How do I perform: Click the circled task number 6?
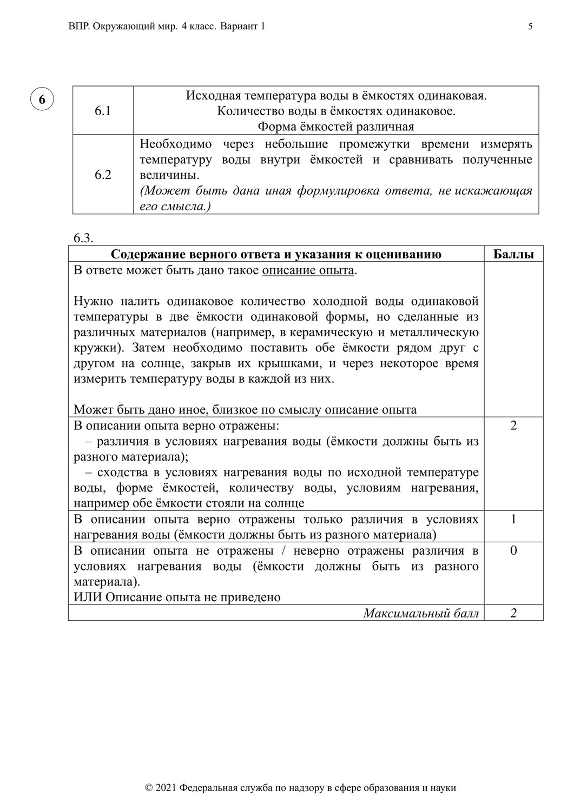click(42, 99)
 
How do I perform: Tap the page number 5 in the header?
click(530, 26)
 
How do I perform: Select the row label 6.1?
click(103, 111)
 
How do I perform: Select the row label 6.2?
click(103, 175)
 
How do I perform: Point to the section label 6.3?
click(83, 238)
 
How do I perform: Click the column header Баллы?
click(513, 255)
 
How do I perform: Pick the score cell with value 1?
click(513, 520)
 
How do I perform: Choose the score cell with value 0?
click(513, 551)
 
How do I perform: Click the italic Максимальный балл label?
click(421, 613)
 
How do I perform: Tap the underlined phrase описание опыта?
click(308, 270)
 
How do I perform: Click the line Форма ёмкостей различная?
click(335, 127)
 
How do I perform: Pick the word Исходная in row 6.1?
click(213, 96)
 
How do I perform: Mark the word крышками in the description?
click(304, 363)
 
